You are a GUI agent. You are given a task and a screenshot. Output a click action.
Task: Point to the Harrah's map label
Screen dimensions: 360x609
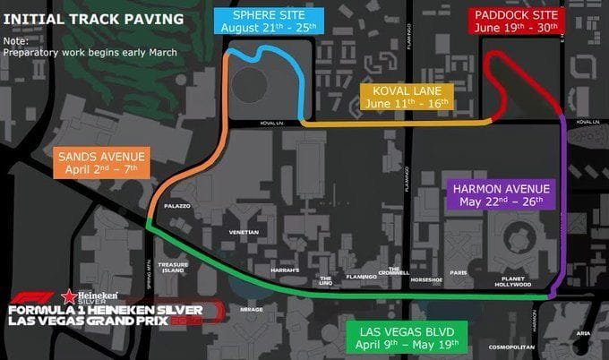pyautogui.click(x=284, y=270)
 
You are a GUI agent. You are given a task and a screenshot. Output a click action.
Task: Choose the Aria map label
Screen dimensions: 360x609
pyautogui.click(x=583, y=332)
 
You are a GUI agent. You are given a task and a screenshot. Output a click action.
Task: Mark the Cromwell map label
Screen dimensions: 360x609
pyautogui.click(x=393, y=271)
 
